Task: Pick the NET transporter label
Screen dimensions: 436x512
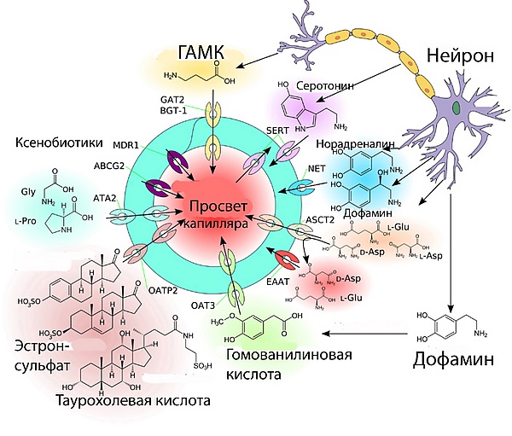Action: tap(317, 167)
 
